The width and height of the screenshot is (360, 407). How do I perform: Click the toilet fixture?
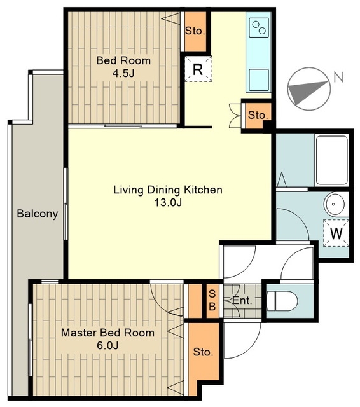pos(282,301)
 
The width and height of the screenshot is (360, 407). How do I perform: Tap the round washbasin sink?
pos(335,203)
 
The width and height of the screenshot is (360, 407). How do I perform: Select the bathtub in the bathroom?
pos(331,160)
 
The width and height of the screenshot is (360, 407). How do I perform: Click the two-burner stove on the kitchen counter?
pos(259,27)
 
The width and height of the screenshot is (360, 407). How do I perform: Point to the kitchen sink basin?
pos(259,79)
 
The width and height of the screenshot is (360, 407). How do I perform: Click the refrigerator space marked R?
pos(198,69)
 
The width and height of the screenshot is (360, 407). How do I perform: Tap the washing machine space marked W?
pos(336,233)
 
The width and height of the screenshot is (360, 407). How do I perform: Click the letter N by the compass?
pos(339,77)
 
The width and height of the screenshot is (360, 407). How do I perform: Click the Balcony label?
pos(38,214)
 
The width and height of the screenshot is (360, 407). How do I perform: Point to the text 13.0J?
pos(168,202)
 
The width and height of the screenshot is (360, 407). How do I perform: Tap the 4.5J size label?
pos(123,73)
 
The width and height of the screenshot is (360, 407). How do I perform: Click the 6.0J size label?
pos(107,345)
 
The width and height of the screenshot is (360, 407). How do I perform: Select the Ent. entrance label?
pos(242,301)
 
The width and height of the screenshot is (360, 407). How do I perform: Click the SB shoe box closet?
pos(212,301)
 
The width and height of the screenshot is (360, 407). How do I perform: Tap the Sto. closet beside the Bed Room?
pos(195,31)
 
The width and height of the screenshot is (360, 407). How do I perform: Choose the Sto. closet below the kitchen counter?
pos(258,115)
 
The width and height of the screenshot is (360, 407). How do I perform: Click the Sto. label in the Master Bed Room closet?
pos(204,352)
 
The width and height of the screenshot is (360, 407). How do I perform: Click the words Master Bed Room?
pos(107,333)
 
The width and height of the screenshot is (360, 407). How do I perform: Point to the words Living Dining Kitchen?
pos(168,190)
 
